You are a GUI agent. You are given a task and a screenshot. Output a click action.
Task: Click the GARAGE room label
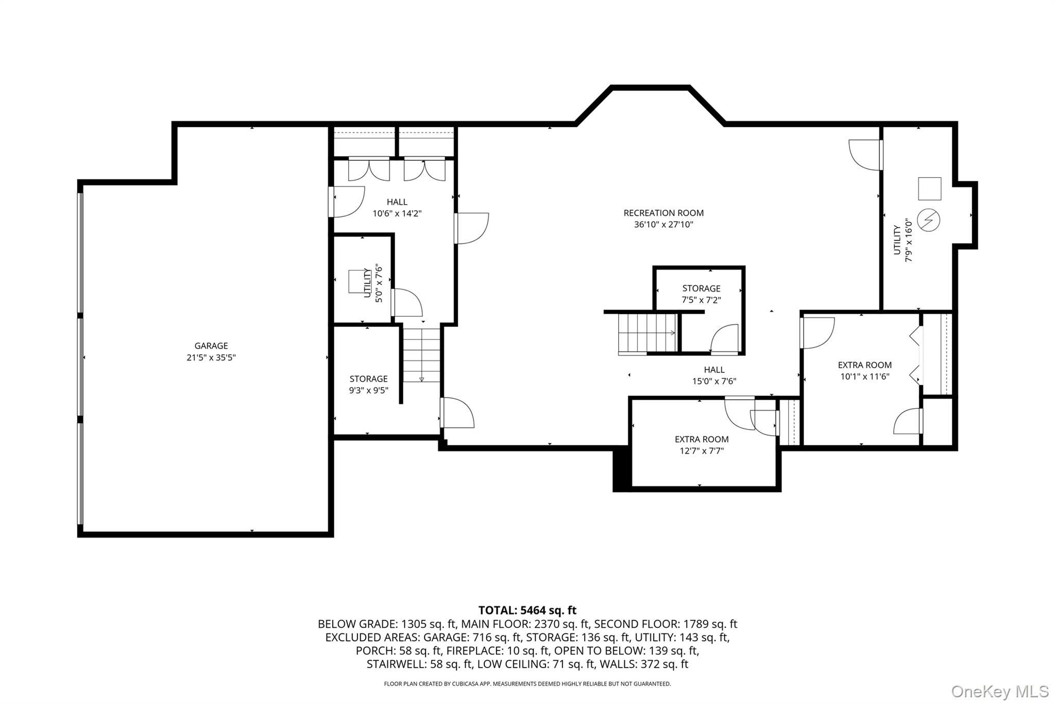pos(211,346)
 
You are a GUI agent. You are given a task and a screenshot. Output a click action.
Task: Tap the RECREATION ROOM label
pos(663,213)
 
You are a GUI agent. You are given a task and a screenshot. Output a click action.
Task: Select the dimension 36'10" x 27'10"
pos(663,225)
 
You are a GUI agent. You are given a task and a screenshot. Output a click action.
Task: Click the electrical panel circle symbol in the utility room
pos(929,220)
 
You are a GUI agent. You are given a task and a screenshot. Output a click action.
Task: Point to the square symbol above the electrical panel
pos(929,188)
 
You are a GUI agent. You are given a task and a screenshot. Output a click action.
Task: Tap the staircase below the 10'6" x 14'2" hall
pos(421,355)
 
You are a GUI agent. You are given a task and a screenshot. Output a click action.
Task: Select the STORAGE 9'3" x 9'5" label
pos(368,384)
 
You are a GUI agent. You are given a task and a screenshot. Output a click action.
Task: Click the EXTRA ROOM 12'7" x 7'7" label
pos(701,445)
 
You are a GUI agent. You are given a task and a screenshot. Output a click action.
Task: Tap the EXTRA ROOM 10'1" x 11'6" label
pos(864,370)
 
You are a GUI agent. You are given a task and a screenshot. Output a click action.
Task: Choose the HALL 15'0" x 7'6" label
pos(714,375)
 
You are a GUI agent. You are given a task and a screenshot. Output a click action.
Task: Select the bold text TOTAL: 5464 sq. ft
pos(527,610)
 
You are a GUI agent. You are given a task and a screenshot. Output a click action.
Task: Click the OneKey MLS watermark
pos(999,691)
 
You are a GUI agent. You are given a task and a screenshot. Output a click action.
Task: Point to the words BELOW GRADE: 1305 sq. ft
pos(386,624)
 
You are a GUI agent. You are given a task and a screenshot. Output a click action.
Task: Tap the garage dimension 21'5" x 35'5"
pos(211,357)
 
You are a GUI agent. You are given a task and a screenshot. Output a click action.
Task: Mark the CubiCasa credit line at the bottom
pos(527,684)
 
